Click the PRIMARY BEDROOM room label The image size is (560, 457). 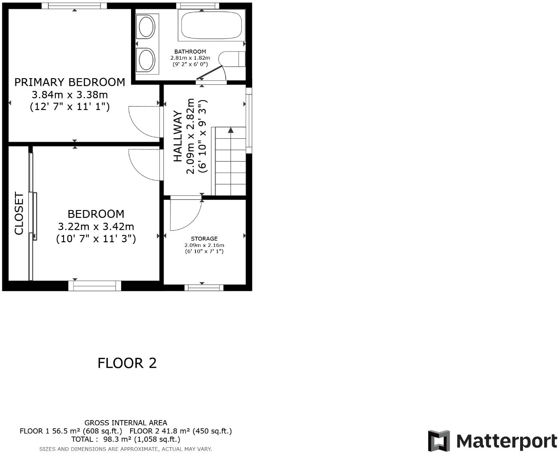[70, 82]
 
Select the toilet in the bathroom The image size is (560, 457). [231, 59]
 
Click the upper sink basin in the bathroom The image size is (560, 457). [146, 27]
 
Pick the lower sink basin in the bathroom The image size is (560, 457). [146, 59]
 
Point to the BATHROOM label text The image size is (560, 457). [190, 52]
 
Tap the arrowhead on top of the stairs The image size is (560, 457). [231, 130]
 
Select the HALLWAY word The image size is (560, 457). [178, 136]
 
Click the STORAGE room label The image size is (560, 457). [204, 239]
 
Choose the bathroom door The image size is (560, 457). [211, 73]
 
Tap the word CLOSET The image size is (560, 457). [19, 213]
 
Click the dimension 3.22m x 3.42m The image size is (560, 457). [96, 226]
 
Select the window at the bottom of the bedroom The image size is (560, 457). [95, 286]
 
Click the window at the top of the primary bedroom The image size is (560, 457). [74, 6]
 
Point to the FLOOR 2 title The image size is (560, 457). [127, 363]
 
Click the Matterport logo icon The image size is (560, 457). [439, 441]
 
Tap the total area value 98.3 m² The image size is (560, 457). [114, 439]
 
